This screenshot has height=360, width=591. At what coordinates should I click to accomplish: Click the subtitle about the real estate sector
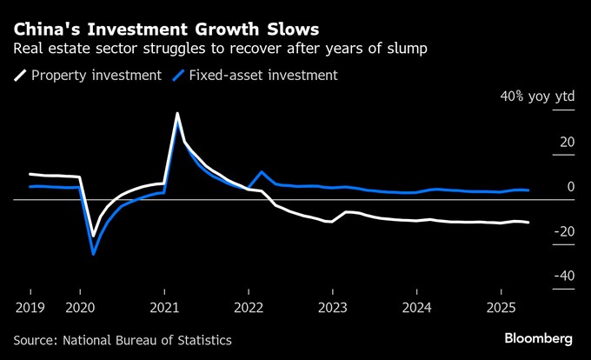(213, 46)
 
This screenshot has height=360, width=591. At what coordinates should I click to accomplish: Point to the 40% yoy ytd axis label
(536, 97)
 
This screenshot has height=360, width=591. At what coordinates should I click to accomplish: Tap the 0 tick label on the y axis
(570, 186)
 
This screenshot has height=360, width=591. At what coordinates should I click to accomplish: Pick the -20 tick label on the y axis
(564, 231)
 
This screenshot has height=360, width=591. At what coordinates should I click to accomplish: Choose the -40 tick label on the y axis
(564, 276)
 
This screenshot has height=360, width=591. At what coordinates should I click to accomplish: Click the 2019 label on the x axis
(30, 307)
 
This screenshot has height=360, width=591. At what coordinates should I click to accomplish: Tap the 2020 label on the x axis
(80, 307)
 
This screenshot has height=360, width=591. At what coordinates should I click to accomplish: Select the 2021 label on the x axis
(164, 307)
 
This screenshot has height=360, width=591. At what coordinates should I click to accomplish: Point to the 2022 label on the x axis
(249, 307)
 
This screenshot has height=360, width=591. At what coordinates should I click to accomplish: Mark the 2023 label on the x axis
(333, 307)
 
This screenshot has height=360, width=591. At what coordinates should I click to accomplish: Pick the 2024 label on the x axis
(417, 307)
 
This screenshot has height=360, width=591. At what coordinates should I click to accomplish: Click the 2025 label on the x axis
(501, 307)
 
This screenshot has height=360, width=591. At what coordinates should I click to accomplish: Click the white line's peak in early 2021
(177, 114)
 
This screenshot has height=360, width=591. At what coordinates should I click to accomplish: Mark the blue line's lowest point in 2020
(93, 254)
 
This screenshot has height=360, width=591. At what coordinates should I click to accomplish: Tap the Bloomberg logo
(538, 337)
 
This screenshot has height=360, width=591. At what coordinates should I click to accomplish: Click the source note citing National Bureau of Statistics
(123, 339)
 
